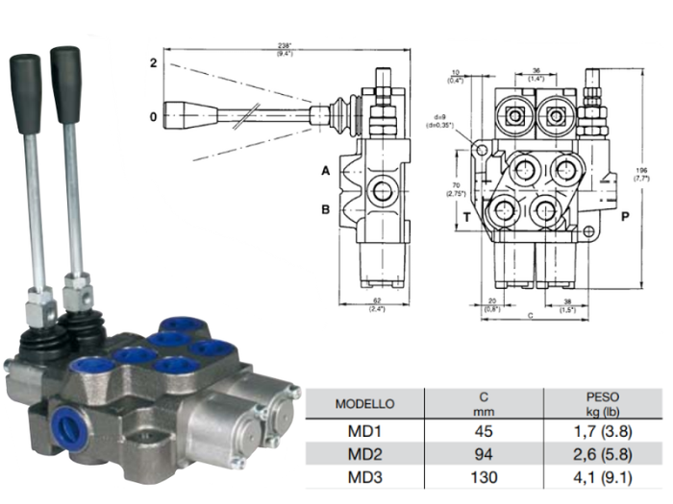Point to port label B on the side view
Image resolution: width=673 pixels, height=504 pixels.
(x=326, y=206)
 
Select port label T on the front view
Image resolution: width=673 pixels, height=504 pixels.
(x=467, y=217)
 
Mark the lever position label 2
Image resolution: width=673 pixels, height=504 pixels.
(x=152, y=63)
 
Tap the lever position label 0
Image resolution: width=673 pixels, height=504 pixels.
(x=152, y=118)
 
